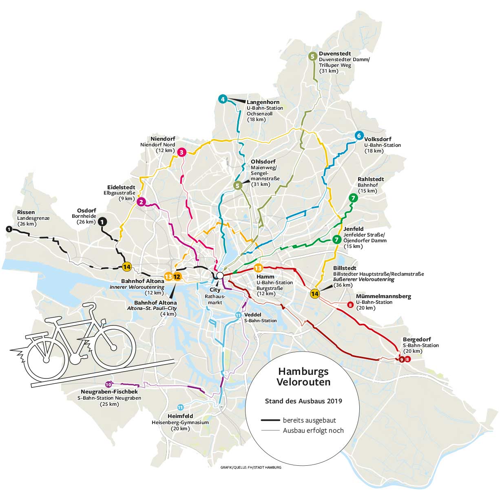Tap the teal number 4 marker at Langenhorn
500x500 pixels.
pyautogui.click(x=222, y=99)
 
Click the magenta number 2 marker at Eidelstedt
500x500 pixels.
pyautogui.click(x=141, y=202)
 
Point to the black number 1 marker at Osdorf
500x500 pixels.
pyautogui.click(x=103, y=221)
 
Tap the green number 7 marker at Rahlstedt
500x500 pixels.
pyautogui.click(x=353, y=198)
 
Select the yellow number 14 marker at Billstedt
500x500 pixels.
pyautogui.click(x=315, y=294)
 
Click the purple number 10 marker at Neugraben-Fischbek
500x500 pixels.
pyautogui.click(x=108, y=384)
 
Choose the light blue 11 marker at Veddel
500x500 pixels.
pyautogui.click(x=238, y=314)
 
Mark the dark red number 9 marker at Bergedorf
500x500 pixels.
pyautogui.click(x=401, y=359)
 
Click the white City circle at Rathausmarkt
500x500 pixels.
pyautogui.click(x=220, y=276)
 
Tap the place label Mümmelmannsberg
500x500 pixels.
pyautogui.click(x=383, y=296)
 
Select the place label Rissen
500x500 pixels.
pyautogui.click(x=26, y=212)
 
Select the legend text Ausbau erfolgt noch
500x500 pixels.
pyautogui.click(x=313, y=430)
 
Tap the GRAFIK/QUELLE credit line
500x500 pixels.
pyautogui.click(x=250, y=467)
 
